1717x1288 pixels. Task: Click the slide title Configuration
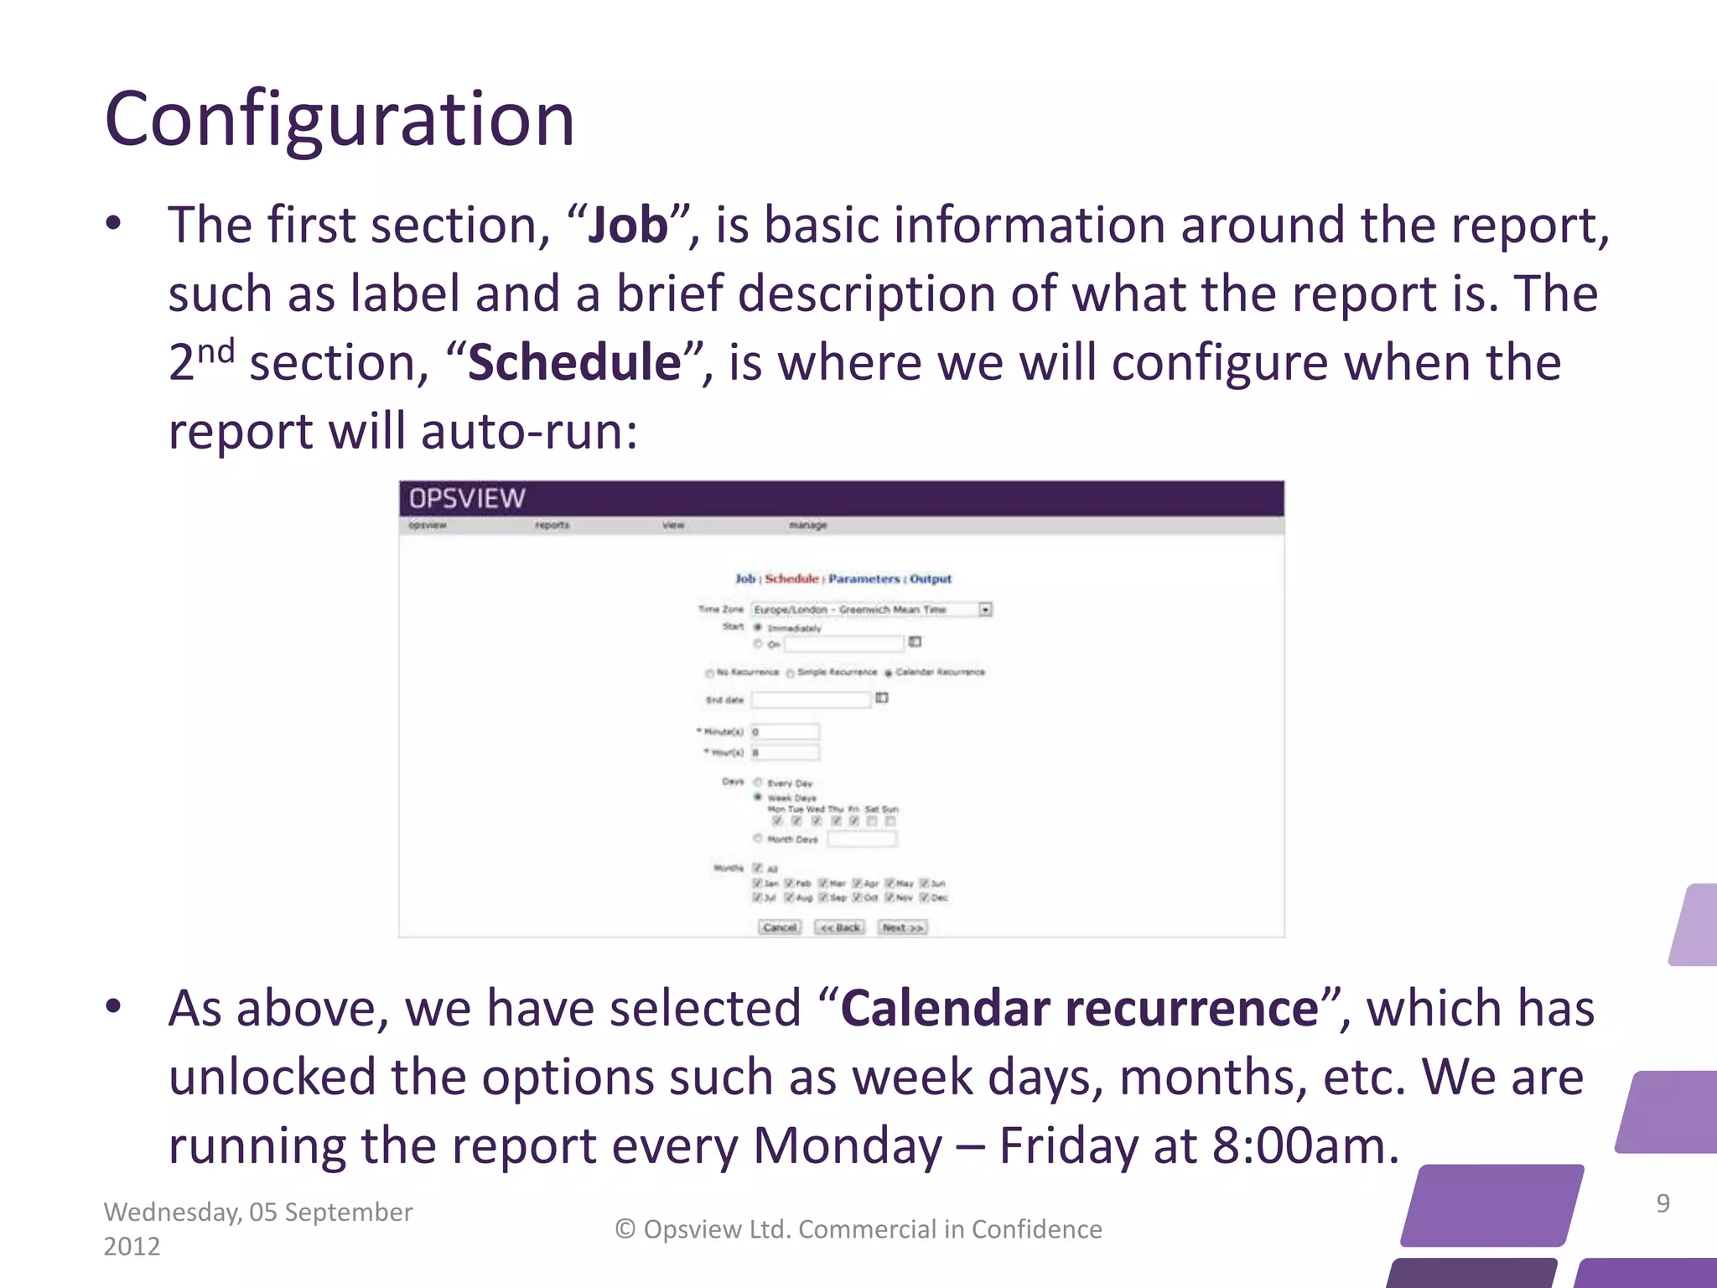click(340, 120)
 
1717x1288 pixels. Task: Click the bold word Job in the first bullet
click(628, 226)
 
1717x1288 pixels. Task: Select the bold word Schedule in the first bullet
click(574, 363)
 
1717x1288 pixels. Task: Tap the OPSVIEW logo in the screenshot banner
click(467, 499)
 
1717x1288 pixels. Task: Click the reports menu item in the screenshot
click(552, 525)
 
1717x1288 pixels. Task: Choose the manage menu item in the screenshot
click(807, 525)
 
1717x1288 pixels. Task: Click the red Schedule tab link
click(791, 579)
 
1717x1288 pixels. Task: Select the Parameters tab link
click(864, 579)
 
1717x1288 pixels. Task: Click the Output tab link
click(931, 579)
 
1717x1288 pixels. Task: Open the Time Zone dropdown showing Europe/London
click(986, 610)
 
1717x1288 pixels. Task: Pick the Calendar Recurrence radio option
click(889, 673)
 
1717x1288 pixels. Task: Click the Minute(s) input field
click(785, 732)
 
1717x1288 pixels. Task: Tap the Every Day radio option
click(758, 782)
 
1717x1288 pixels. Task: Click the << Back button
click(839, 927)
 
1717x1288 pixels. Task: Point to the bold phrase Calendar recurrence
click(1080, 1009)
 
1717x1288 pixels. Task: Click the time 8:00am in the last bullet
click(1305, 1146)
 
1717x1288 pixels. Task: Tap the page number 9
click(1663, 1203)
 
